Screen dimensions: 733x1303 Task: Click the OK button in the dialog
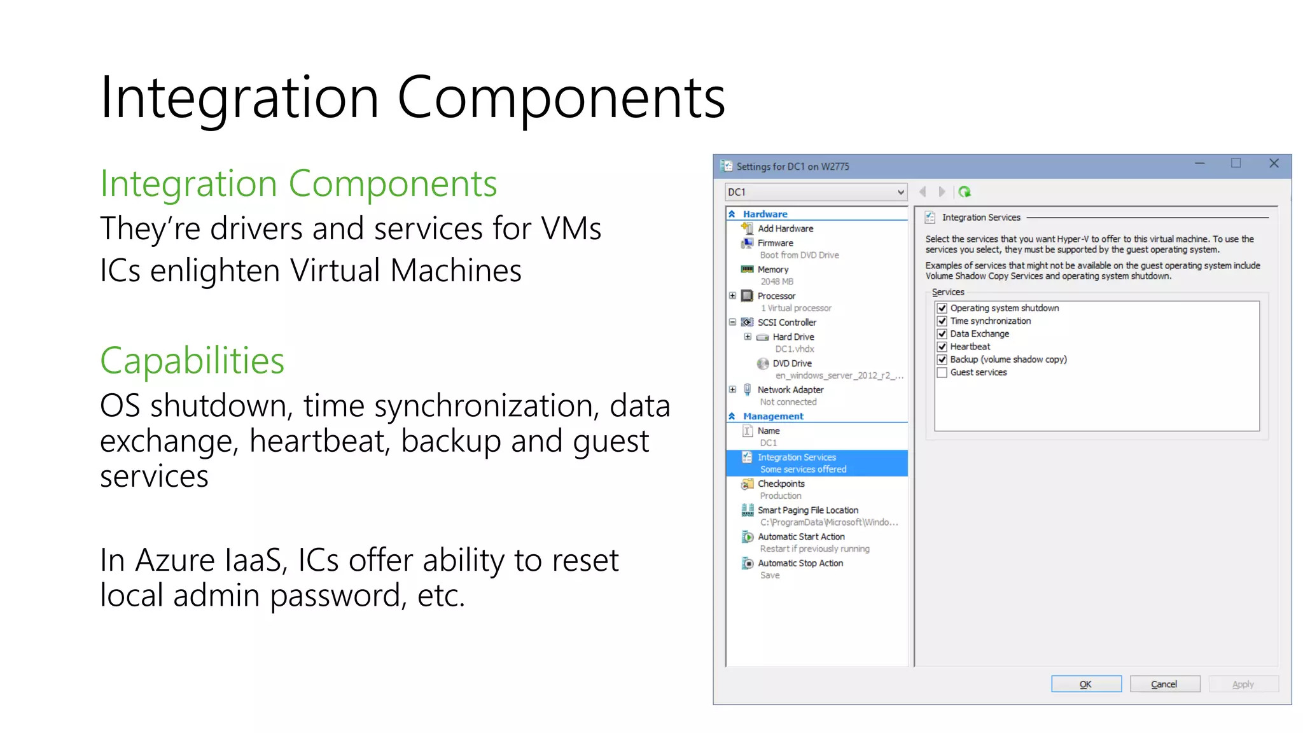coord(1085,684)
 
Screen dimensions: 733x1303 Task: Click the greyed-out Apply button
coord(1243,684)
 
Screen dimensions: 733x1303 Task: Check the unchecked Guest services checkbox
coord(942,372)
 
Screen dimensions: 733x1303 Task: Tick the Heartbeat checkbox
coord(942,347)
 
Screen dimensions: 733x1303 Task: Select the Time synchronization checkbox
coord(942,321)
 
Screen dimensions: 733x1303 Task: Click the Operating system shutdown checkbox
coord(942,308)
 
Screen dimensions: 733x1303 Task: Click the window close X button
coord(1274,164)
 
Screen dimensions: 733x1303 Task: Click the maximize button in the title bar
coord(1236,164)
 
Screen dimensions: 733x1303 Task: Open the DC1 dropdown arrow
coord(900,192)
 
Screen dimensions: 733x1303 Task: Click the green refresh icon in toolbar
coord(965,192)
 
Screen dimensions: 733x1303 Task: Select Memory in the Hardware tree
coord(772,270)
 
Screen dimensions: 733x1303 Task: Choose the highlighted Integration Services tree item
coord(797,457)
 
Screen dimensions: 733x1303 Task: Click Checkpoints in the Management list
coord(781,484)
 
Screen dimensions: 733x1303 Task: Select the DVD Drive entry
coord(791,363)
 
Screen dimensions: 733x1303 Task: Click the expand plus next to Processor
coord(732,296)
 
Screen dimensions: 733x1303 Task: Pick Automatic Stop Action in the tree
coord(800,563)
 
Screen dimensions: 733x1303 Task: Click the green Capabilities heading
coord(192,361)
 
